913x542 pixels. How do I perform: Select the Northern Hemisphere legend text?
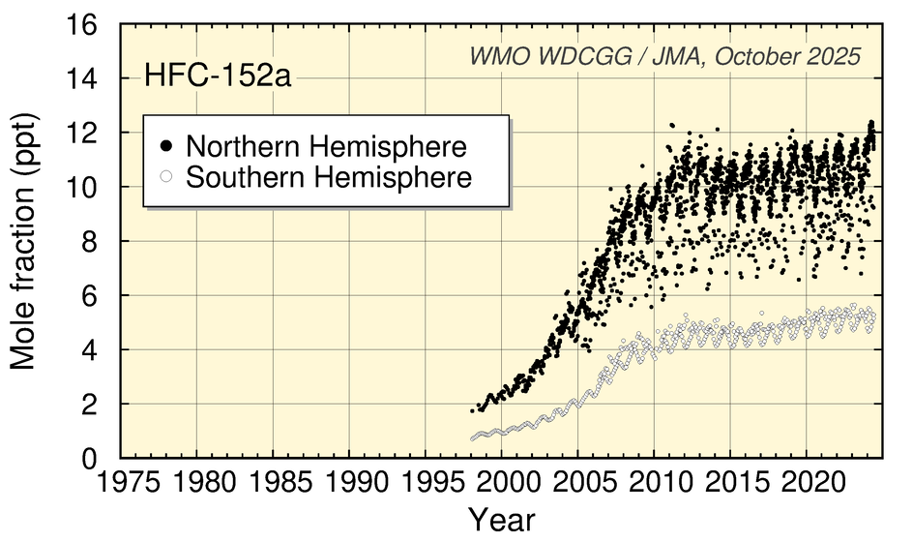click(x=327, y=146)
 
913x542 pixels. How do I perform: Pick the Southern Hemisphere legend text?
click(x=329, y=177)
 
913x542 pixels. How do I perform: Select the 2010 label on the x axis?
click(x=654, y=482)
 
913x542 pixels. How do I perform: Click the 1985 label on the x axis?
click(x=273, y=482)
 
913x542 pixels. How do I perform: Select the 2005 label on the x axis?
click(x=577, y=482)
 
